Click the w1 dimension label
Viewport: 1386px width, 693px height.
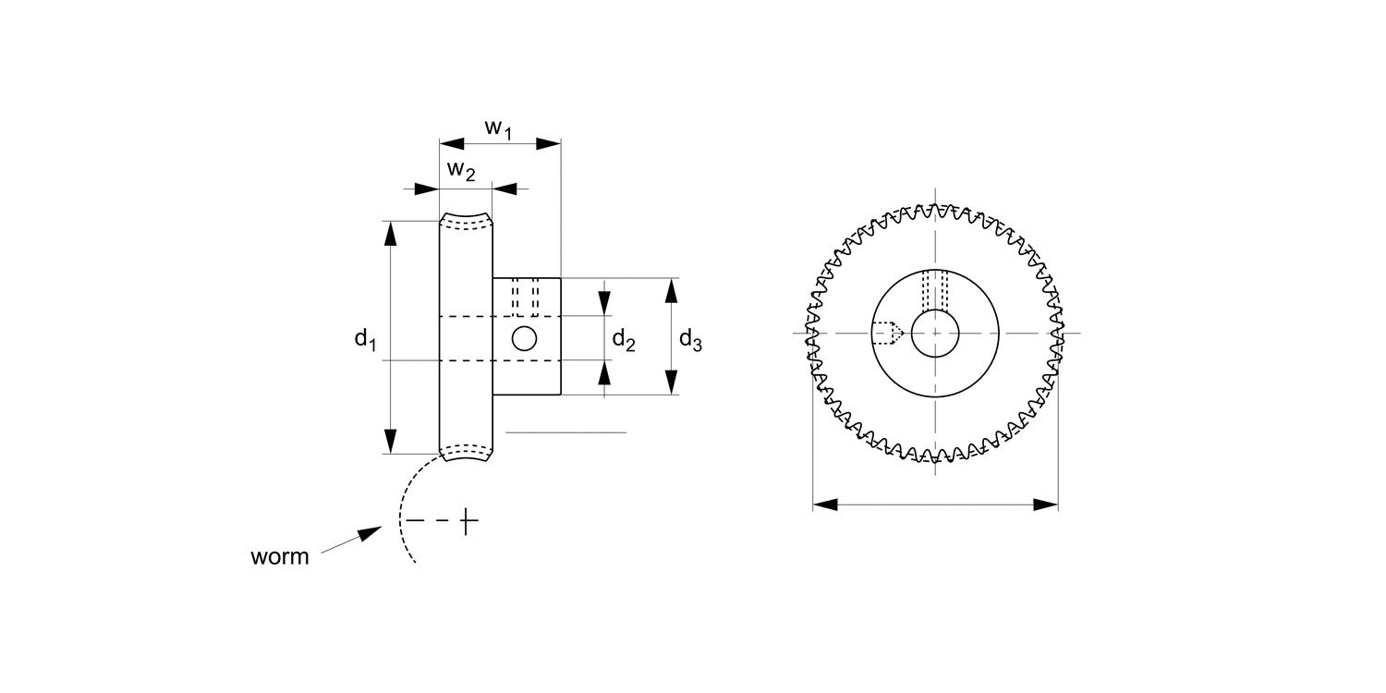click(x=498, y=128)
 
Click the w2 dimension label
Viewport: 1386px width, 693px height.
click(x=461, y=170)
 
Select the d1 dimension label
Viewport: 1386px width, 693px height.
click(x=365, y=338)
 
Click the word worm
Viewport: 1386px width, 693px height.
click(x=279, y=557)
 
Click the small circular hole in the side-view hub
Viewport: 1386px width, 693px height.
click(x=525, y=338)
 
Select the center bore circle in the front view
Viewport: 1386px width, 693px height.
click(x=935, y=333)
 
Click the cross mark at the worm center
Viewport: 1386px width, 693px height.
click(x=468, y=522)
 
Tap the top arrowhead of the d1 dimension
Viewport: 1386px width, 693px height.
click(x=391, y=234)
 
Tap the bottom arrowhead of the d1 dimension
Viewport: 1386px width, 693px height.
click(x=391, y=441)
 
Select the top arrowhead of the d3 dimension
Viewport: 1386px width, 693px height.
click(x=672, y=290)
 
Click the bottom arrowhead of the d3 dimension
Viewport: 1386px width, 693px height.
click(x=672, y=382)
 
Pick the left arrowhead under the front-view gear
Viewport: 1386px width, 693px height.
click(x=825, y=505)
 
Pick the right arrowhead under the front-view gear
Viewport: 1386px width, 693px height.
click(x=1045, y=505)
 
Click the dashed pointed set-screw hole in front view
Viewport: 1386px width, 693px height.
click(x=888, y=333)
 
